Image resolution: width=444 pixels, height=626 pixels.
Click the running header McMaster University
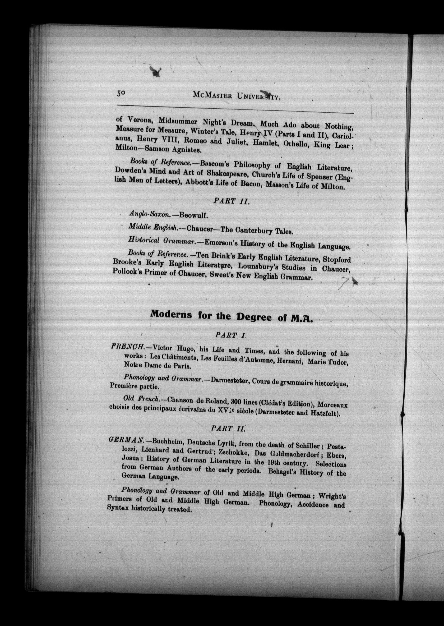tap(237, 95)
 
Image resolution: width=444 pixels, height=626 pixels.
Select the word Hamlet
tap(264, 142)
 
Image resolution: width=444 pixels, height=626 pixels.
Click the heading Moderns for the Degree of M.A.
tap(231, 317)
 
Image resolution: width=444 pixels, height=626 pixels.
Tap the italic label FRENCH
tap(128, 347)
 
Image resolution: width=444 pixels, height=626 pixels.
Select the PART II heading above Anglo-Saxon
tap(231, 201)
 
